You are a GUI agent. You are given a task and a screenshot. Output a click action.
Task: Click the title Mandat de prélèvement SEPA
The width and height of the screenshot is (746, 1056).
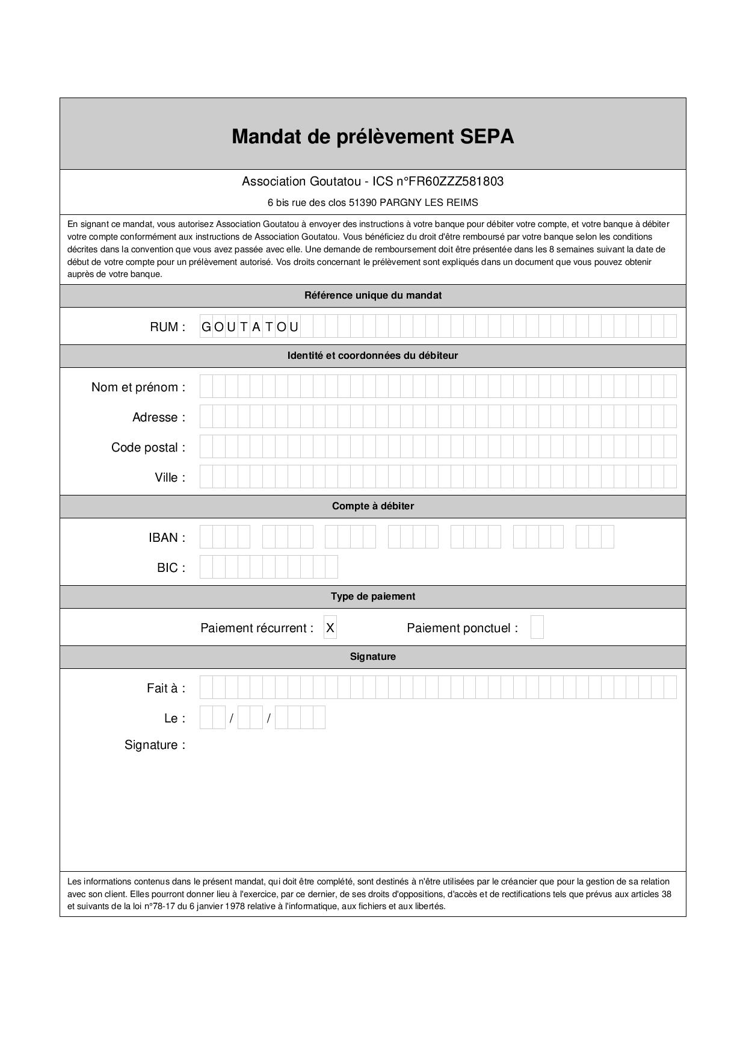[x=372, y=137]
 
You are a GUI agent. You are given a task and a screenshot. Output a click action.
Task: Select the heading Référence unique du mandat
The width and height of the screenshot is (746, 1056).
[x=372, y=296]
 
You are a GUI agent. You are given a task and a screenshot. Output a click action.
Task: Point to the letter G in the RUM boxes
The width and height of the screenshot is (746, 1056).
[x=206, y=327]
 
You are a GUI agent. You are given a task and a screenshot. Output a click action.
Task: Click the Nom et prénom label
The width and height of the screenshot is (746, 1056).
[x=138, y=387]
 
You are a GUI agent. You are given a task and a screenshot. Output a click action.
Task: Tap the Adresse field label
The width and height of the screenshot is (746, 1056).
[x=158, y=417]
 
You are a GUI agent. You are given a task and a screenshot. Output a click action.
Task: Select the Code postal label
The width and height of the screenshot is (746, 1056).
[x=148, y=447]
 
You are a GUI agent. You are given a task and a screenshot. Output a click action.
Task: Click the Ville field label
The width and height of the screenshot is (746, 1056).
[x=170, y=477]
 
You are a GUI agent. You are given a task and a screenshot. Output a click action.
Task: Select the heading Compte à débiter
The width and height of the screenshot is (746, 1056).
[x=372, y=506]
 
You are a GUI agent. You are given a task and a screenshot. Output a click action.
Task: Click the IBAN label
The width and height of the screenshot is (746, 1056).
[x=167, y=538]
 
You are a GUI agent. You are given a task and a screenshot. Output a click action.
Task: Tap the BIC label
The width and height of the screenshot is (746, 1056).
[x=171, y=568]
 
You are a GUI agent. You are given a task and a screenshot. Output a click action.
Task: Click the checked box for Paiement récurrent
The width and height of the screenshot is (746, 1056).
[x=330, y=627]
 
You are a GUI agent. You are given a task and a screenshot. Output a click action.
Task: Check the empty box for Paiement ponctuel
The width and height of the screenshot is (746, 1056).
[x=537, y=627]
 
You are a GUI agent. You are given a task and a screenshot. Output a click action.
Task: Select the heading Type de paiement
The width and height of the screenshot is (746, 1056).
[x=372, y=597]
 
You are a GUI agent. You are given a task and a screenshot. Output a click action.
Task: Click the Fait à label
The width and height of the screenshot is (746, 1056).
[x=165, y=688]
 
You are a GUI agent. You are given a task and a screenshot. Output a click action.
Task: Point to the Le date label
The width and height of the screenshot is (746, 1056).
[x=174, y=718]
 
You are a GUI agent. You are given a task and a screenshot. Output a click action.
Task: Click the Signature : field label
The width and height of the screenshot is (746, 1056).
[x=155, y=745]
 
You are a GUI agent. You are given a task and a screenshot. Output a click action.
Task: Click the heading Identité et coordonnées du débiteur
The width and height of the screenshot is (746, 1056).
[x=372, y=356]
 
